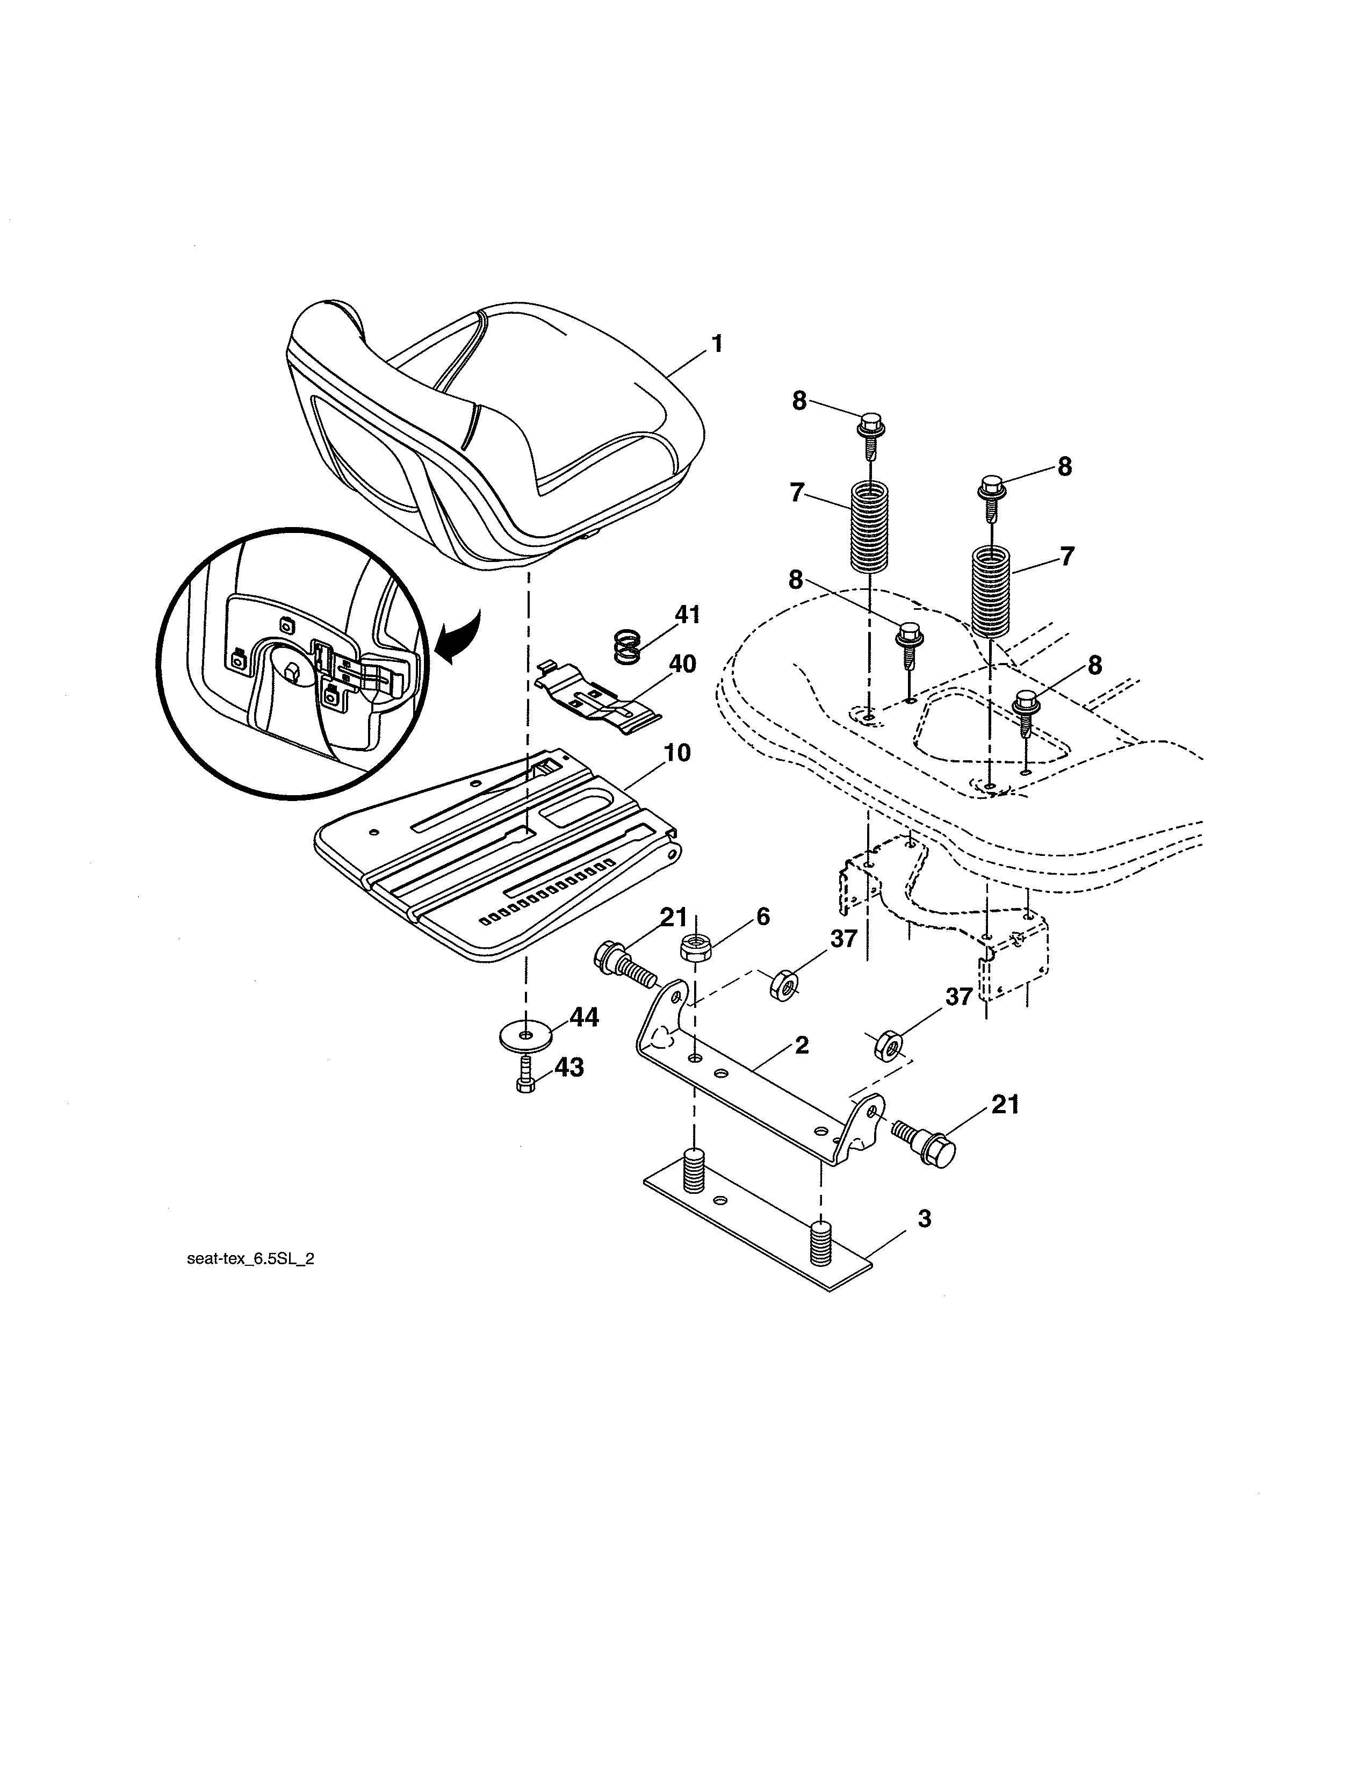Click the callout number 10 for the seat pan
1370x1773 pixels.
click(677, 753)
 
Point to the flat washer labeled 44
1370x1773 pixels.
click(526, 1036)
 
